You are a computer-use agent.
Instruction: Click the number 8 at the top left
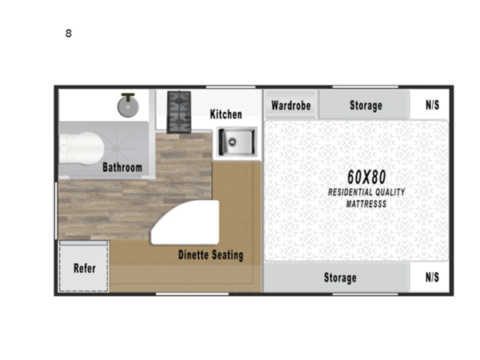coord(69,34)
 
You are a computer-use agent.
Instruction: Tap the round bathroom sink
coord(127,105)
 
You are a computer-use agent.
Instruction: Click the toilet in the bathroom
coord(80,147)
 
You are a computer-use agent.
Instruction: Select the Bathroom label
coord(122,168)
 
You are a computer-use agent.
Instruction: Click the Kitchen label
coord(226,114)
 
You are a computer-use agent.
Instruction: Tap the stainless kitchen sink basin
coord(236,142)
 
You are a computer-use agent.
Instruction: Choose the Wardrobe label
coord(290,106)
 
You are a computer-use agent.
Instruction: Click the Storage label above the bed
coord(366,106)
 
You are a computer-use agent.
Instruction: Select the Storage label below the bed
coord(340,278)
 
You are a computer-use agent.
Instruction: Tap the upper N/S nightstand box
coord(432,106)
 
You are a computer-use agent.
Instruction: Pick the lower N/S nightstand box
coord(432,278)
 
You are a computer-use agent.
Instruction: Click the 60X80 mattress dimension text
coord(367,175)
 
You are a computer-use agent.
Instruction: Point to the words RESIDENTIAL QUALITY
coord(367,193)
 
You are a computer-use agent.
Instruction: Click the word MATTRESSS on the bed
coord(367,204)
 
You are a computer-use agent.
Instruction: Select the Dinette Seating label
coord(210,255)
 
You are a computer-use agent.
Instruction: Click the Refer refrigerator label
coord(85,268)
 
